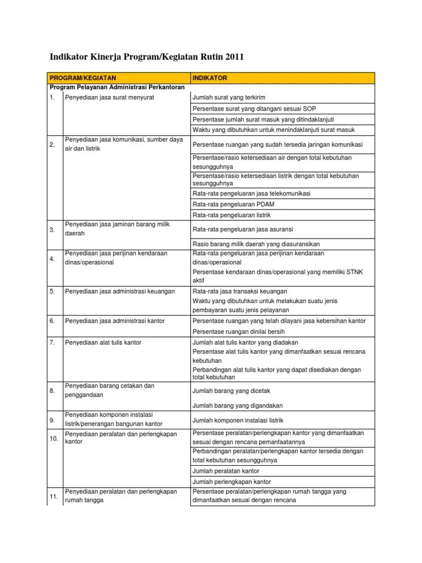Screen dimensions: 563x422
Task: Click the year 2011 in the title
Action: tap(231, 57)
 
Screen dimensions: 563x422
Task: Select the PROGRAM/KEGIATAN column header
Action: tap(83, 78)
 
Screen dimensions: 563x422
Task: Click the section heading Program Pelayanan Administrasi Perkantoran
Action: tap(117, 87)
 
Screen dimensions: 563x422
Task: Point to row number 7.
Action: tap(52, 343)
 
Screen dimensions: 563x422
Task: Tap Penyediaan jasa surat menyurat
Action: tap(109, 97)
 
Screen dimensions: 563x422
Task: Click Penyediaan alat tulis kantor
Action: tap(103, 343)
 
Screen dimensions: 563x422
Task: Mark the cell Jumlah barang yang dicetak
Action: tap(231, 391)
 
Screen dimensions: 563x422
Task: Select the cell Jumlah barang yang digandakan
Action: tap(237, 406)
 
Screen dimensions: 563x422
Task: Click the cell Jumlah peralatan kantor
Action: tap(226, 471)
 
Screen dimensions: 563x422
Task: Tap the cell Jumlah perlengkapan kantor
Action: tap(231, 482)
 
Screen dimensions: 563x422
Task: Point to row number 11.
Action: tap(54, 496)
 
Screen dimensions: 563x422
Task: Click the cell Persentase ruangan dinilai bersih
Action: tap(238, 332)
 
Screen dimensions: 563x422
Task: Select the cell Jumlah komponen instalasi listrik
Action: tap(237, 420)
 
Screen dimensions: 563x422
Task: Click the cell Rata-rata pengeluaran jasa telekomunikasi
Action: tap(252, 194)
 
